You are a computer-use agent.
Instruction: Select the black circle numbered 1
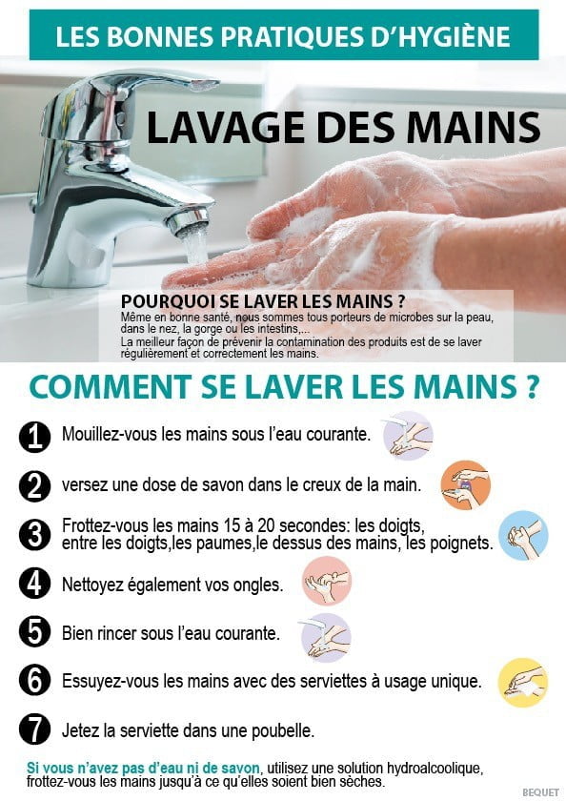pyautogui.click(x=34, y=437)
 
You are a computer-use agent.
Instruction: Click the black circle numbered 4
pyautogui.click(x=34, y=583)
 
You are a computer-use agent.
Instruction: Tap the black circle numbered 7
pyautogui.click(x=34, y=729)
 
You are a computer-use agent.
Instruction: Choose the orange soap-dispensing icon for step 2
pyautogui.click(x=465, y=484)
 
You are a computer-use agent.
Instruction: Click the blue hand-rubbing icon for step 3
pyautogui.click(x=523, y=535)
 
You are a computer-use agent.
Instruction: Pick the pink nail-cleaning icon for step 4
pyautogui.click(x=327, y=581)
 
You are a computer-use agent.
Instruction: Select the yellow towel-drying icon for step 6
pyautogui.click(x=523, y=683)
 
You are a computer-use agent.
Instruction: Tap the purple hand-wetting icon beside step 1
pyautogui.click(x=408, y=436)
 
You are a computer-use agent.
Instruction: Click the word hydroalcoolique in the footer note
pyautogui.click(x=434, y=768)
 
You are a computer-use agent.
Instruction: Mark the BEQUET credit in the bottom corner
pyautogui.click(x=540, y=791)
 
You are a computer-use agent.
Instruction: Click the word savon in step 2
pyautogui.click(x=219, y=484)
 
